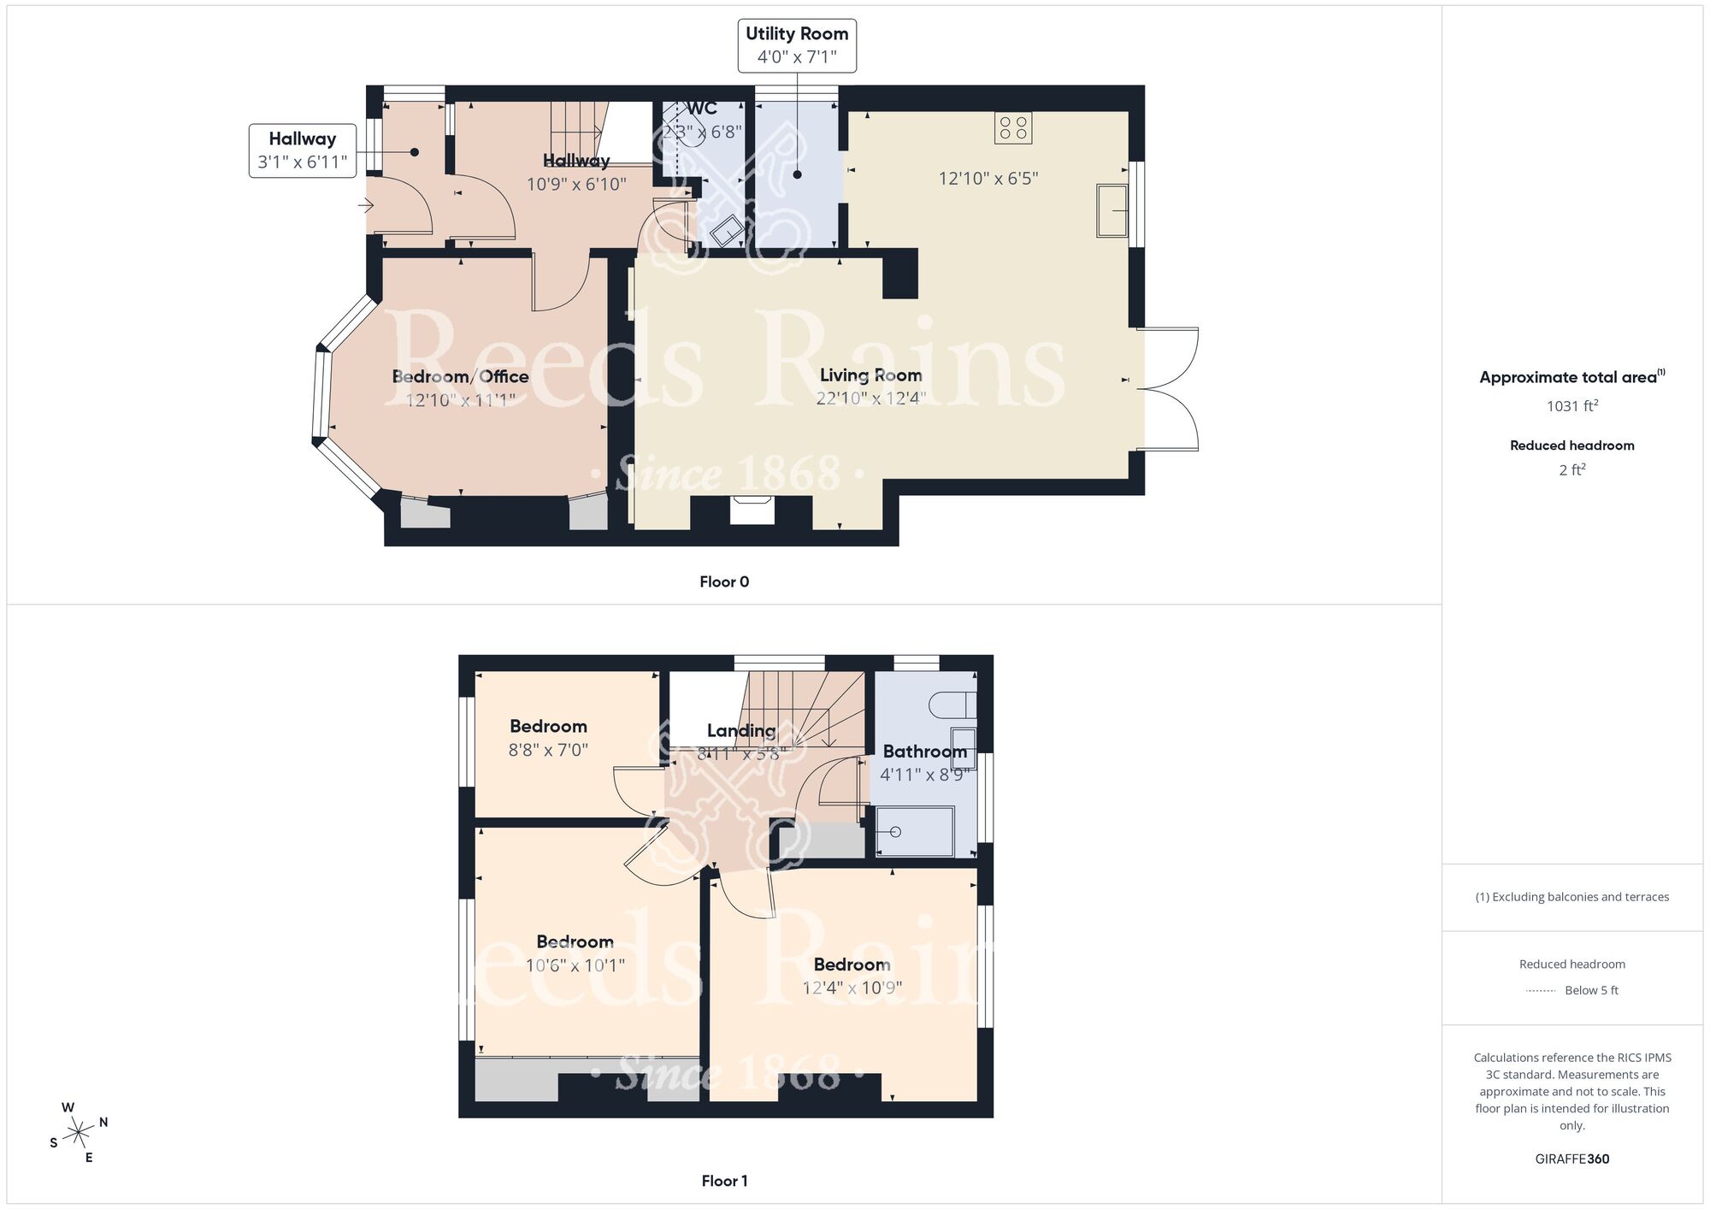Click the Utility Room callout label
(x=797, y=45)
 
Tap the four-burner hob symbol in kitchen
(x=1013, y=128)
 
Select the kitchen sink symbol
(x=1112, y=209)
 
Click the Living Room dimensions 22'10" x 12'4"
(x=870, y=398)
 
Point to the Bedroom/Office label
(x=460, y=376)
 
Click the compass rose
(x=79, y=1133)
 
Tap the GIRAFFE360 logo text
(x=1571, y=1159)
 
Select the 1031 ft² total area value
(x=1571, y=406)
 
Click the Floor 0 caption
(x=724, y=581)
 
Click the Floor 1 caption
(x=724, y=1181)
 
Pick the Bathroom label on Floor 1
(x=924, y=751)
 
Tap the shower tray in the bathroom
(x=915, y=831)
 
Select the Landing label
(x=740, y=730)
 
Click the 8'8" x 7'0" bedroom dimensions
(x=548, y=750)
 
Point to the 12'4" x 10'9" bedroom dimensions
(x=852, y=988)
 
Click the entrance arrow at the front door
(x=366, y=205)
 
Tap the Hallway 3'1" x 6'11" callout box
(x=302, y=150)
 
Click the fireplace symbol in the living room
(x=752, y=510)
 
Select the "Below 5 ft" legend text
(x=1591, y=990)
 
